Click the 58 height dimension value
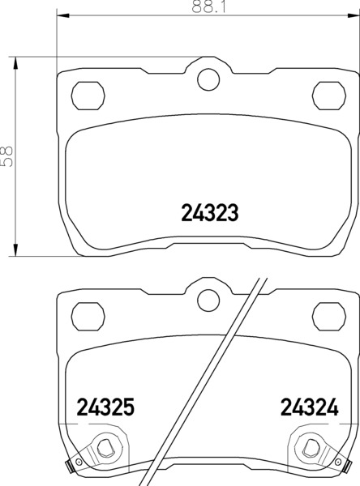(x=7, y=156)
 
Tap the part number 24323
(x=210, y=213)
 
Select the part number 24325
(x=105, y=407)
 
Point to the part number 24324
(x=310, y=407)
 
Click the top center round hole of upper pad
(x=208, y=79)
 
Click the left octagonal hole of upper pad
(x=88, y=96)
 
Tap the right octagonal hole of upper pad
(x=329, y=96)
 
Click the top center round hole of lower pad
(x=208, y=301)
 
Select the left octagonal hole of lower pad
(x=88, y=317)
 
